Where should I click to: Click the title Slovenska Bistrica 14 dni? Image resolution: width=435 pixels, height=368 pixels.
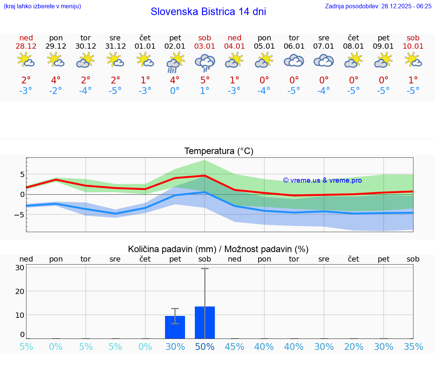(208, 12)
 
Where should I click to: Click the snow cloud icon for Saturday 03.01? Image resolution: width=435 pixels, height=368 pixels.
(205, 62)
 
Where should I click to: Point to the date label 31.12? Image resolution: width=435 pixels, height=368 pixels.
(116, 46)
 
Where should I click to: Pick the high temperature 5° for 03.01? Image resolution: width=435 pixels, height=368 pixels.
(205, 80)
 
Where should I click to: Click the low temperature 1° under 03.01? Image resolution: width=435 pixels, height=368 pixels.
(205, 91)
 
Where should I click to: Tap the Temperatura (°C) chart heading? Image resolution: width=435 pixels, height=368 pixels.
(219, 151)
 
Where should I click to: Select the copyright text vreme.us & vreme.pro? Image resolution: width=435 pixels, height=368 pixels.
(322, 180)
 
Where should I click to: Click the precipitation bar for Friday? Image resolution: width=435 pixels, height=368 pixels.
(175, 327)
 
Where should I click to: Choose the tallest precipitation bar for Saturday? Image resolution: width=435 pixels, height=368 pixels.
(205, 323)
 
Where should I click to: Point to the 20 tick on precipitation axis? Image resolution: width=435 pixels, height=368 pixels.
(20, 291)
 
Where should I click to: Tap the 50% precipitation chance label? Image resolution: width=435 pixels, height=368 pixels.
(205, 346)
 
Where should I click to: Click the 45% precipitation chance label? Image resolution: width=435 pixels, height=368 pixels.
(234, 346)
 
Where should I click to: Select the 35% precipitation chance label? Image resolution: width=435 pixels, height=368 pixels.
(413, 346)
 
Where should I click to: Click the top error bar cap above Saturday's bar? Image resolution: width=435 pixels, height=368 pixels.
(205, 268)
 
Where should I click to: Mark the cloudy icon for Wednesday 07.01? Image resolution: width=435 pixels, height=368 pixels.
(324, 61)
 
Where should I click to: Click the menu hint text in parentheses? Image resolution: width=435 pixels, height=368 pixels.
(42, 6)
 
